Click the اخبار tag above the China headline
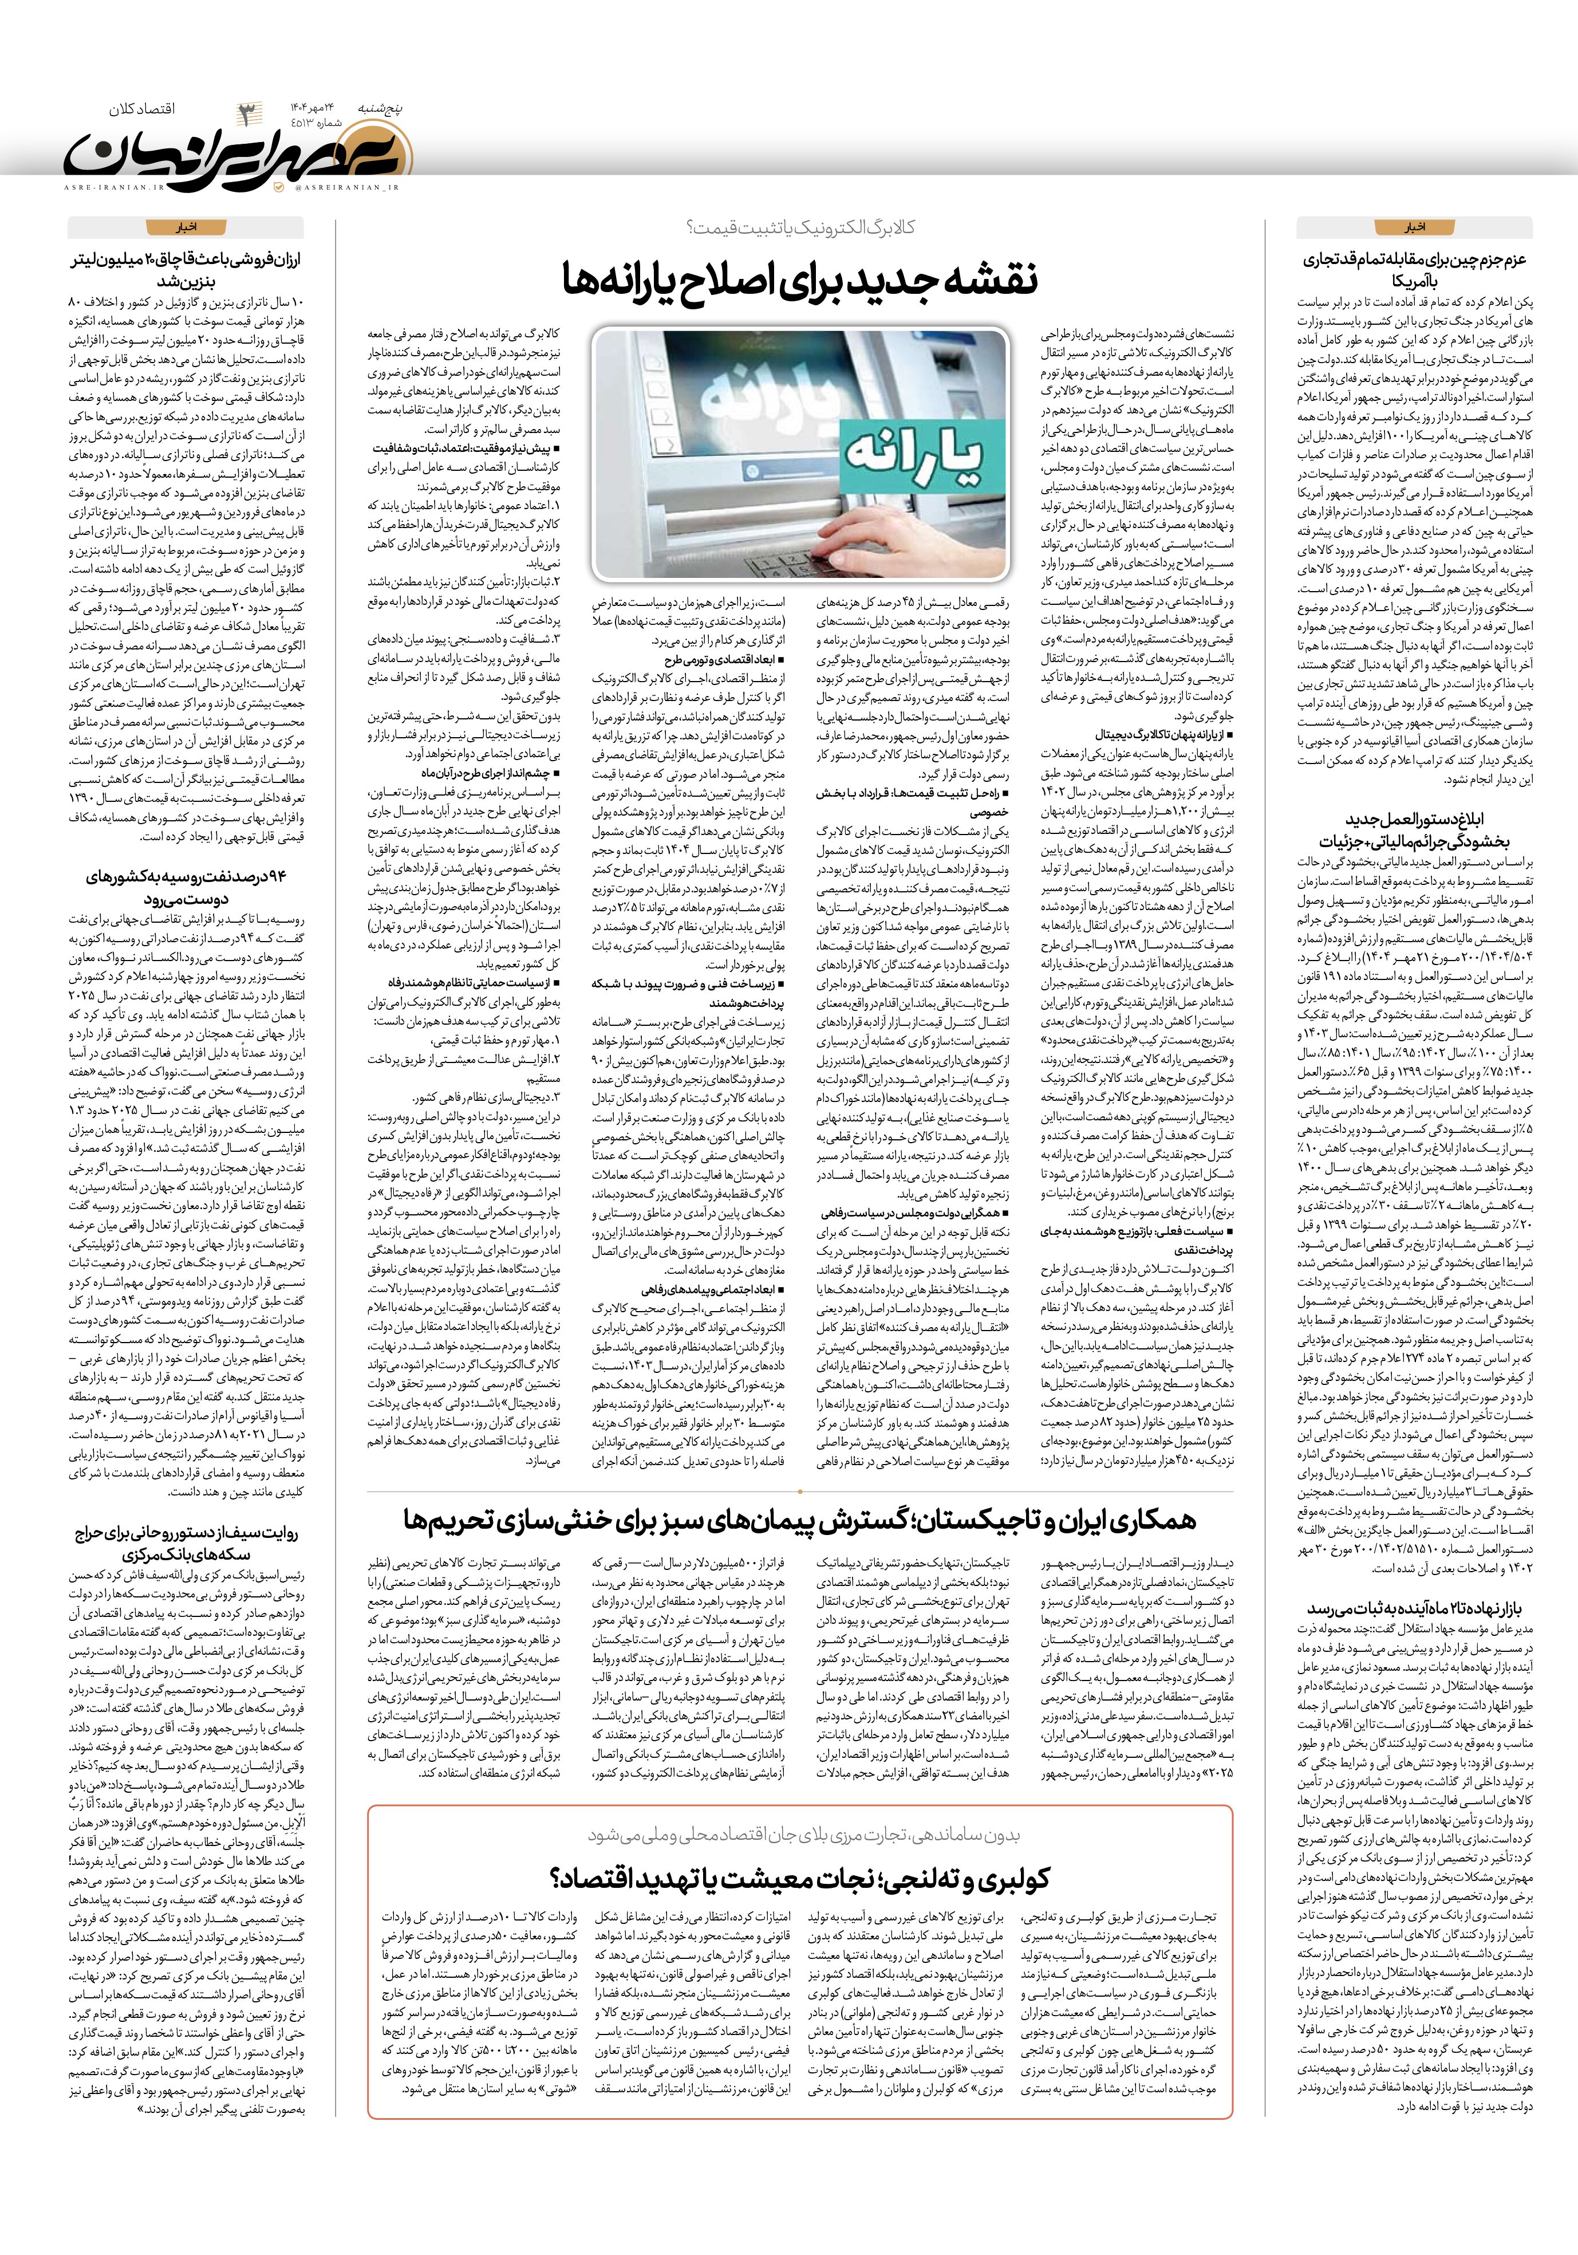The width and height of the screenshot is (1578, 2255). coord(1414,227)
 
